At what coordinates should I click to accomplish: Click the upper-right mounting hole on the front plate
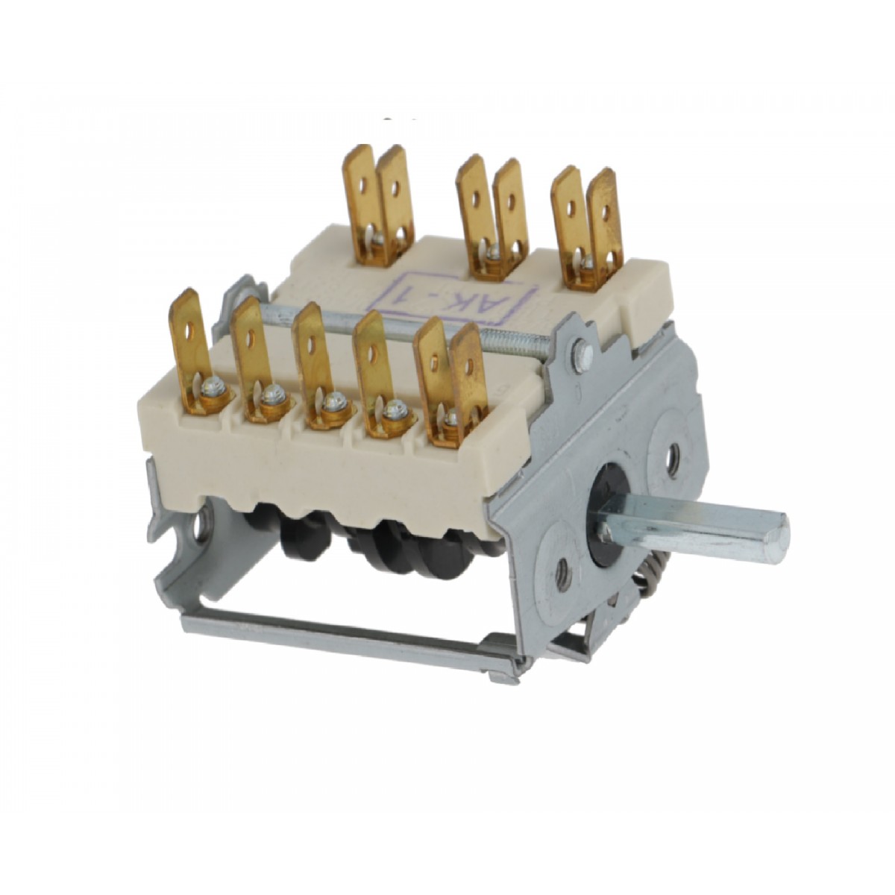tap(674, 453)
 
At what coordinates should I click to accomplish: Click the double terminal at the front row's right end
tap(451, 373)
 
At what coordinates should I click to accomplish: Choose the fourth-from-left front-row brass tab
tap(373, 358)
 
